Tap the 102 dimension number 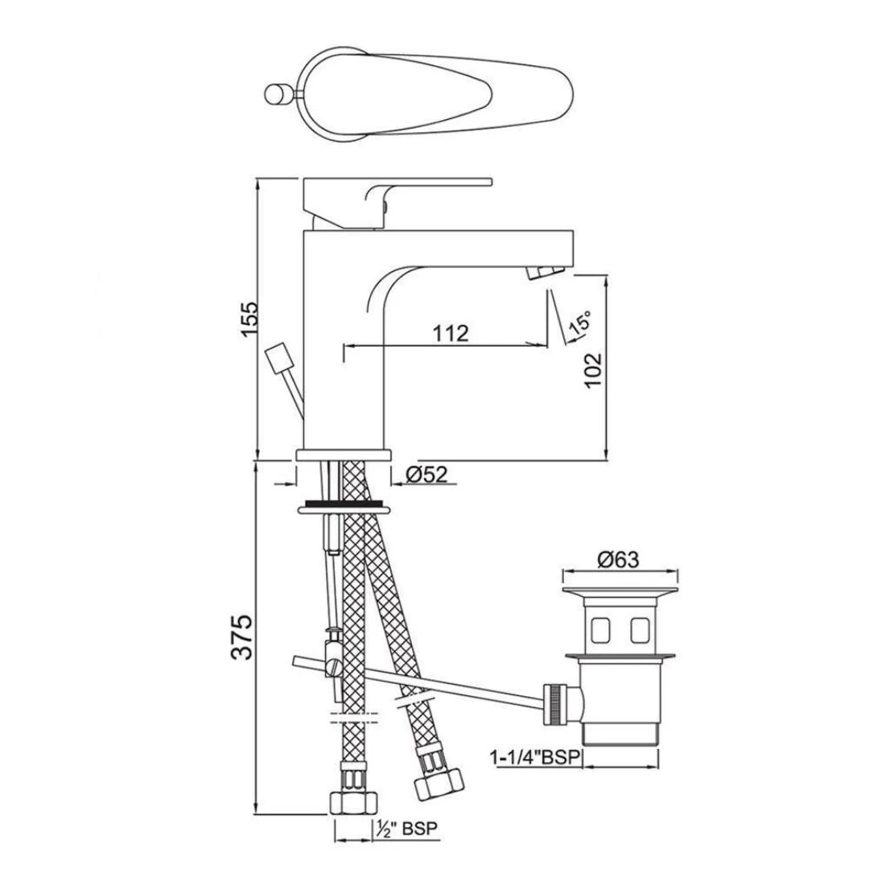pyautogui.click(x=594, y=370)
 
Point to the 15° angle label pyautogui.click(x=580, y=324)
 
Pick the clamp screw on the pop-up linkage pyautogui.click(x=331, y=665)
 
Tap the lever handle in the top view pyautogui.click(x=451, y=93)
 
